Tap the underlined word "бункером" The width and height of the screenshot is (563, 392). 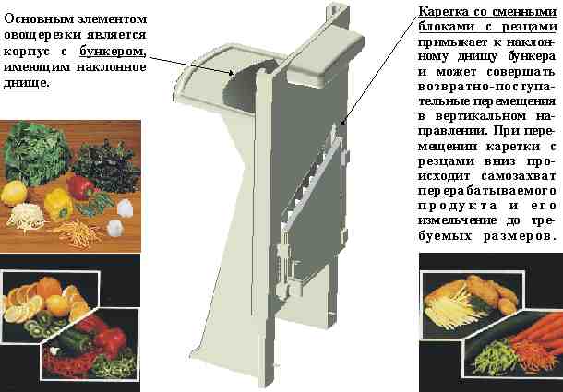111,52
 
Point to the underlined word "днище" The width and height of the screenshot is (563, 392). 25,83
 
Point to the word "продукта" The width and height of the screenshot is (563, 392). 458,207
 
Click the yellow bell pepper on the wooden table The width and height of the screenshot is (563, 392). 58,204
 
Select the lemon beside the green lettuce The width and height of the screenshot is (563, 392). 14,193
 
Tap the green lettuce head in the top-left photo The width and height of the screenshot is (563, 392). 36,152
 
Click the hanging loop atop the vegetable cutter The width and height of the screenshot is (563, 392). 337,10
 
